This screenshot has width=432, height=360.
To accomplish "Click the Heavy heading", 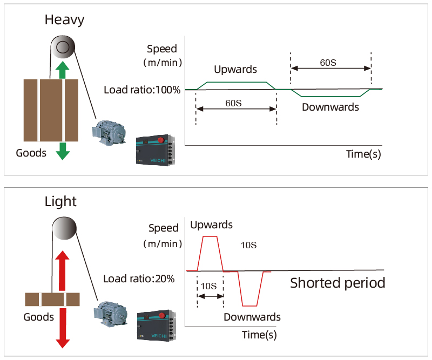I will pyautogui.click(x=64, y=21).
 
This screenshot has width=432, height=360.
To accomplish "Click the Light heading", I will pyautogui.click(x=60, y=202).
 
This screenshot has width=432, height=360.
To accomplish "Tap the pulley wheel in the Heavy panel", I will pyautogui.click(x=63, y=47).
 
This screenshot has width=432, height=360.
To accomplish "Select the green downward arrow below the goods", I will pyautogui.click(x=63, y=151).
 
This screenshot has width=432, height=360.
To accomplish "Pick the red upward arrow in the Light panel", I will pyautogui.click(x=63, y=270).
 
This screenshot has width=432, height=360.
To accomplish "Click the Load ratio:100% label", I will pyautogui.click(x=142, y=90).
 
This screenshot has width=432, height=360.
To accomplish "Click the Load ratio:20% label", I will pyautogui.click(x=139, y=279).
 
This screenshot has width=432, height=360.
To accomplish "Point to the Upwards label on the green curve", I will pyautogui.click(x=235, y=70).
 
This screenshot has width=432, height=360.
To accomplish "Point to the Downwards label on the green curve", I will pyautogui.click(x=330, y=107).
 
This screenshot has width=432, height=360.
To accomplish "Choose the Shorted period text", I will pyautogui.click(x=337, y=283).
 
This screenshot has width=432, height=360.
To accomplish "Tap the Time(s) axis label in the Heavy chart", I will pyautogui.click(x=363, y=154).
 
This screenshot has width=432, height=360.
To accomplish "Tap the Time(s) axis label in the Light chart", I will pyautogui.click(x=259, y=335).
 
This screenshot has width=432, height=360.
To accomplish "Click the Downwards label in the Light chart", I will pyautogui.click(x=252, y=317).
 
